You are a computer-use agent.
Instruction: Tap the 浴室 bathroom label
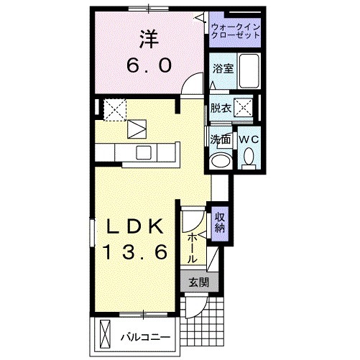tap(222, 69)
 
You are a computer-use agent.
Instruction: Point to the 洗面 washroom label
tap(220, 139)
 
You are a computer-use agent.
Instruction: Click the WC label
tap(249, 139)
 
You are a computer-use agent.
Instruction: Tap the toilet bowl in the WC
tap(249, 156)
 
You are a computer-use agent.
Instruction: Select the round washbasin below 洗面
tap(220, 160)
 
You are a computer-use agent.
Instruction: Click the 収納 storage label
tap(221, 223)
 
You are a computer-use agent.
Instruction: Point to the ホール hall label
tap(193, 246)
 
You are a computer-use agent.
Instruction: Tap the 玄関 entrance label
tap(199, 282)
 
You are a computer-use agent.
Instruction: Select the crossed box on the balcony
tap(106, 336)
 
